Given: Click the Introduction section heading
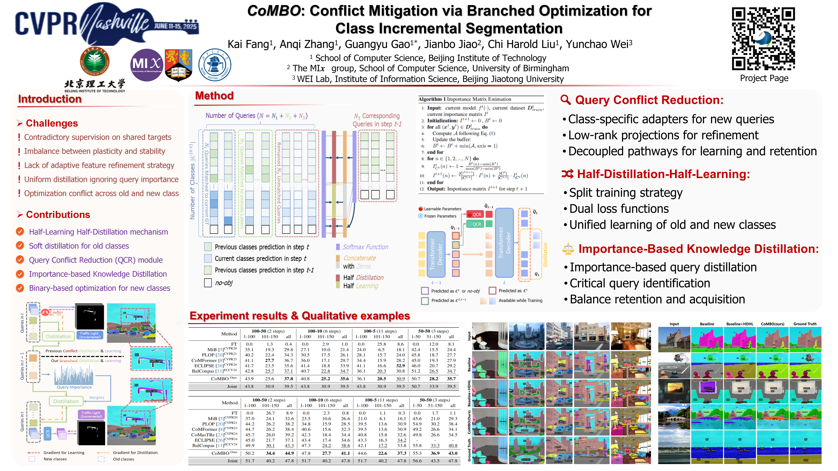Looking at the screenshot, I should (x=50, y=99).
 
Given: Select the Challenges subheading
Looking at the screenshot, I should (x=52, y=123).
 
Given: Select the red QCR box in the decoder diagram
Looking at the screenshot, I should (x=474, y=214).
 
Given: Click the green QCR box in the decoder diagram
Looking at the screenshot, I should (x=474, y=224).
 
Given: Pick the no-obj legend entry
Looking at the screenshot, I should (x=223, y=283).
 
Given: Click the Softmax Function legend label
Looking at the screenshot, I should (x=365, y=247).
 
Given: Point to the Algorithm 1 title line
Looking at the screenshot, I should (x=465, y=99).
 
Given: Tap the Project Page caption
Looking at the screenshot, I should (x=764, y=78).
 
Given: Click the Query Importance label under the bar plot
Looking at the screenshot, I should (x=74, y=387).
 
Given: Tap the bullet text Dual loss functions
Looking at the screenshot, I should (x=619, y=209).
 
